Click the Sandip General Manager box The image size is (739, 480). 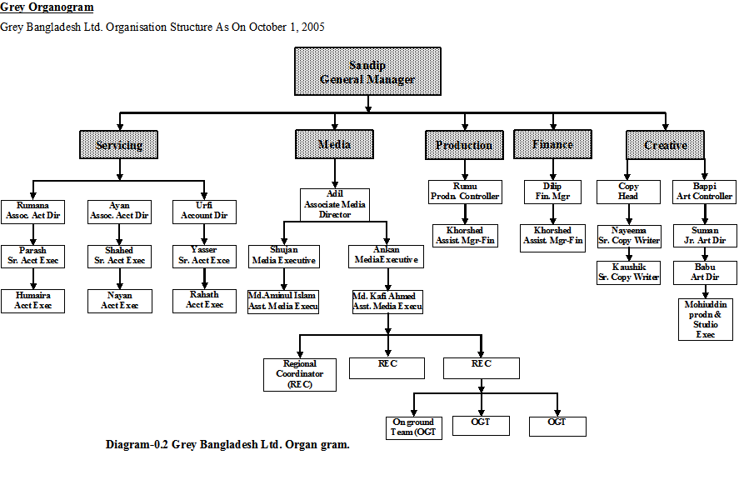(x=367, y=72)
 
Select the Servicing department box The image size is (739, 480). (x=119, y=145)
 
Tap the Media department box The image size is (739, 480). (x=334, y=145)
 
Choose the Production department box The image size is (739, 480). (x=463, y=145)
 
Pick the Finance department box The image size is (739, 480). (x=552, y=145)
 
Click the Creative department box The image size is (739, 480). (x=666, y=145)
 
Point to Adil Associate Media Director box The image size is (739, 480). (x=334, y=204)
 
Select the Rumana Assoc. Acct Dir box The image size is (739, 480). (x=32, y=211)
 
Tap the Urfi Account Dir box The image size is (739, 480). (x=204, y=211)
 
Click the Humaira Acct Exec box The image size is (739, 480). (x=32, y=301)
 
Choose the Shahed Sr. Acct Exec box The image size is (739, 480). (x=119, y=256)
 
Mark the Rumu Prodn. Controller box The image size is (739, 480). (x=465, y=192)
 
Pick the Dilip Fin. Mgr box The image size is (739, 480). (x=552, y=192)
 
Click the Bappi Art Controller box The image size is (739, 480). (x=705, y=192)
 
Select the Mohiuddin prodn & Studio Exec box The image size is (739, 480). (x=706, y=320)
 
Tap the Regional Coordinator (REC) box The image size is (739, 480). (x=300, y=374)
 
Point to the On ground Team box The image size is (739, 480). (x=414, y=427)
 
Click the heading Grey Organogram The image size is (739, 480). (x=47, y=7)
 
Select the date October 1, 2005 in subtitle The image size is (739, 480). (x=283, y=27)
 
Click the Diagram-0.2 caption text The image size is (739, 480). (x=227, y=444)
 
